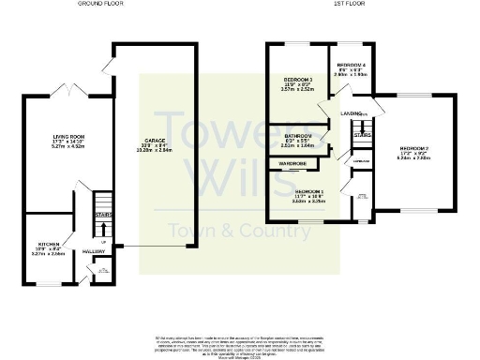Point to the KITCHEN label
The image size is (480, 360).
pyautogui.click(x=45, y=242)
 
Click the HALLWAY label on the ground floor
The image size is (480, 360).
pyautogui.click(x=94, y=251)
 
